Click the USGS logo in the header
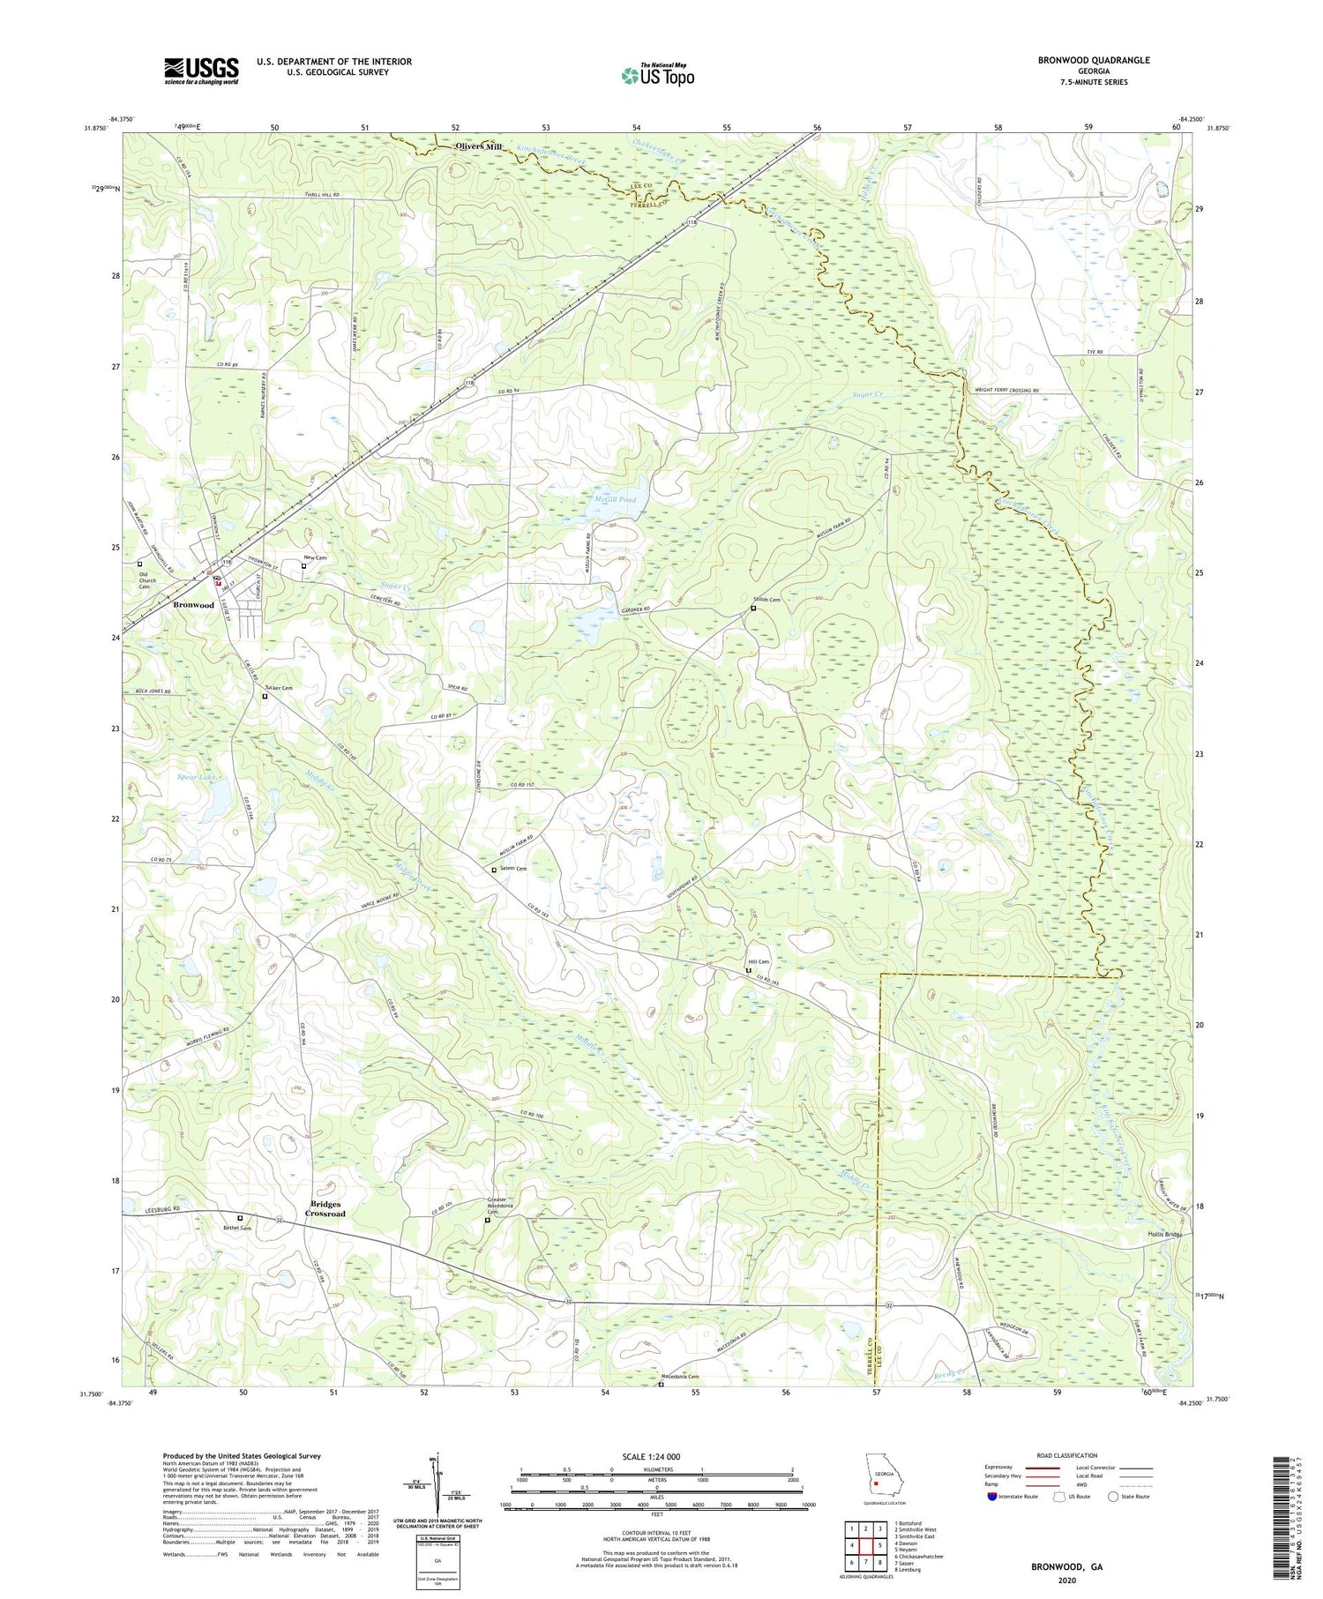pyautogui.click(x=201, y=71)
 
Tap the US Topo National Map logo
pyautogui.click(x=658, y=75)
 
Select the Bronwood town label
pyautogui.click(x=193, y=605)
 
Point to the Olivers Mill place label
pyautogui.click(x=478, y=147)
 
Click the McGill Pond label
pyautogui.click(x=614, y=499)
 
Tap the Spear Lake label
pyautogui.click(x=197, y=777)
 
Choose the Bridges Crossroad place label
pyautogui.click(x=325, y=1209)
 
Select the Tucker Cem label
pyautogui.click(x=279, y=688)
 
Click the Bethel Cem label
pyautogui.click(x=237, y=1228)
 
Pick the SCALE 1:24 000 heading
pyautogui.click(x=656, y=1456)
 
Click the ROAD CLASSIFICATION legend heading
pyautogui.click(x=1067, y=1455)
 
